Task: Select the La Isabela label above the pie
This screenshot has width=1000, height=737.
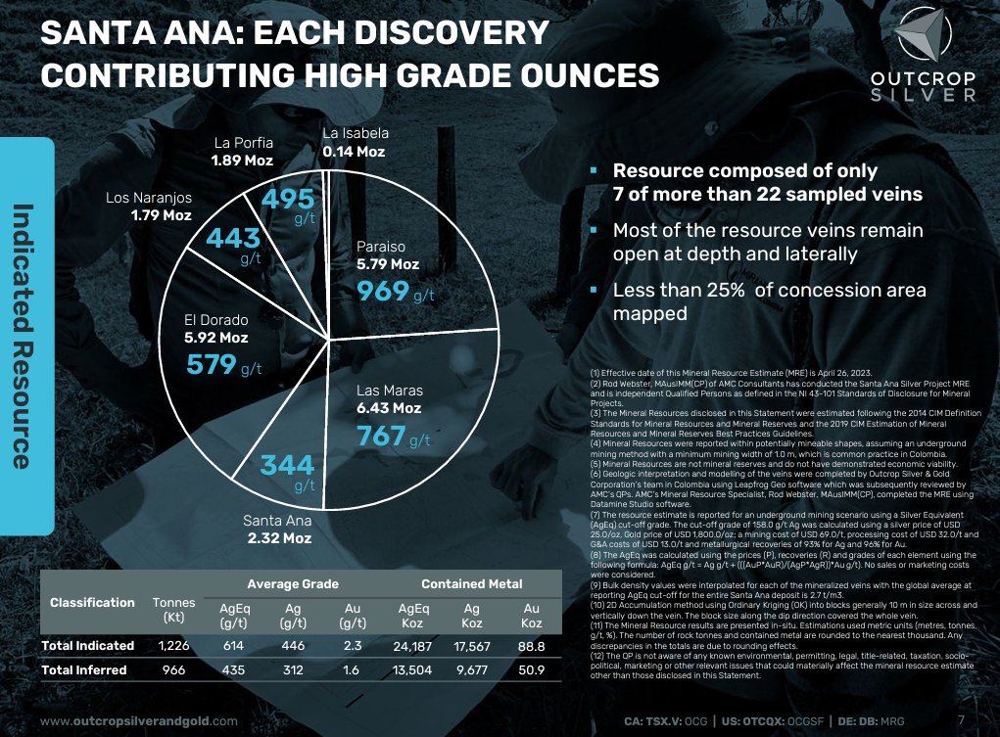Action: (356, 133)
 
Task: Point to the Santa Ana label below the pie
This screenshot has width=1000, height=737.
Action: (277, 521)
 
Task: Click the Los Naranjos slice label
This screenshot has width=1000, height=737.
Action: (149, 197)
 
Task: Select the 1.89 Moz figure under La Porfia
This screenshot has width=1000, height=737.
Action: (243, 160)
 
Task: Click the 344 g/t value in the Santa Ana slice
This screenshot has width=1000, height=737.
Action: (287, 465)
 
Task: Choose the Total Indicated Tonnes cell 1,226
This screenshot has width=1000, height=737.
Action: (174, 645)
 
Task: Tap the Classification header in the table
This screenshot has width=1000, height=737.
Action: (92, 602)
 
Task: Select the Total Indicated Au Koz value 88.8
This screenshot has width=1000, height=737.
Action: (532, 645)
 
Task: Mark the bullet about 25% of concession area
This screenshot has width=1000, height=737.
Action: (769, 301)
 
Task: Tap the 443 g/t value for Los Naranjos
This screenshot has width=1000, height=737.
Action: (235, 240)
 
